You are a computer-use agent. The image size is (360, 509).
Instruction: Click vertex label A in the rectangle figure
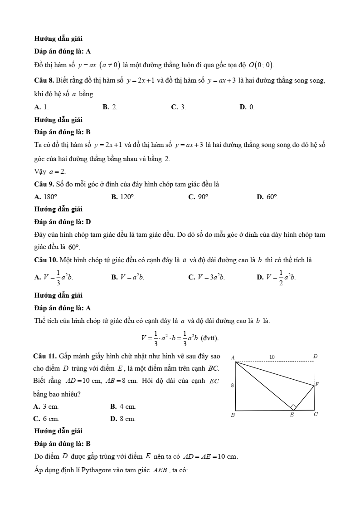(x=233, y=357)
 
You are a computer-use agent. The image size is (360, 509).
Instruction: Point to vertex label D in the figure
(x=315, y=357)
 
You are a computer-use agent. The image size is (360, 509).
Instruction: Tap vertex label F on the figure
(x=317, y=384)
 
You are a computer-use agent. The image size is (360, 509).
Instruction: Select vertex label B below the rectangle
(x=233, y=415)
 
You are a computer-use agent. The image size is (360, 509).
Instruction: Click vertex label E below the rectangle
(x=292, y=415)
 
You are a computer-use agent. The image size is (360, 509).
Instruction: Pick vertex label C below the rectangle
(x=316, y=414)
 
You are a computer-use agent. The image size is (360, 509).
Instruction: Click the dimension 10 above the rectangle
(x=272, y=357)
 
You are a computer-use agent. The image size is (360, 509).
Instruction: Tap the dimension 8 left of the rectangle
(x=232, y=385)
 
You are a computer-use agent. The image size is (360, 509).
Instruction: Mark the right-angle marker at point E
(x=293, y=407)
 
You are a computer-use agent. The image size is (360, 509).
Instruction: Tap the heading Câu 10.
(x=46, y=260)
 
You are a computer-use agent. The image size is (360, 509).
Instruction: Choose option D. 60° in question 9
(x=268, y=197)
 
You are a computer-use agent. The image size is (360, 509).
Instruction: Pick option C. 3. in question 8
(x=179, y=107)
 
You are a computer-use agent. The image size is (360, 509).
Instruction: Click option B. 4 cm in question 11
(x=123, y=407)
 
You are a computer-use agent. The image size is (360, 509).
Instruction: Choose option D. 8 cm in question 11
(x=123, y=419)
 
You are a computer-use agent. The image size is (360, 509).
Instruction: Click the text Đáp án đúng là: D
(x=63, y=222)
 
